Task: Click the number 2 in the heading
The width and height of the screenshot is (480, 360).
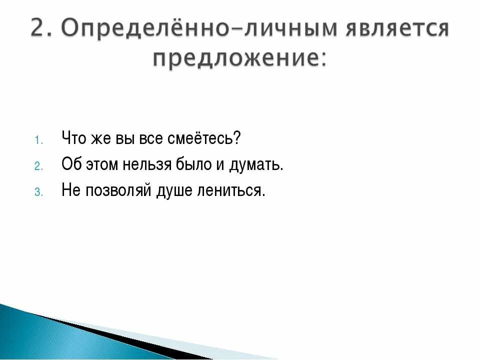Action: (x=39, y=29)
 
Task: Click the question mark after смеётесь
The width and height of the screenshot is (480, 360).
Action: (x=237, y=138)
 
